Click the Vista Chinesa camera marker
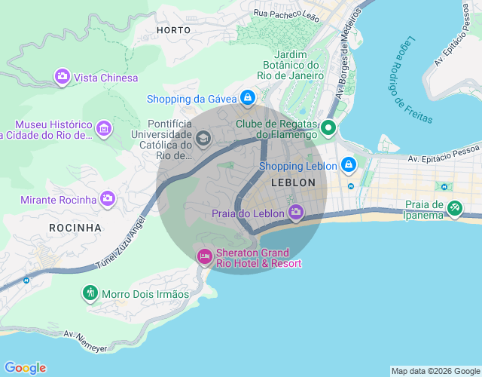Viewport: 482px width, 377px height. (x=62, y=76)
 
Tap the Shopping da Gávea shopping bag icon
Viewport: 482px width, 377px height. (x=247, y=98)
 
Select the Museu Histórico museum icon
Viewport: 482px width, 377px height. (x=104, y=129)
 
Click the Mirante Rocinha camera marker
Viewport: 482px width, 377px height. (x=108, y=198)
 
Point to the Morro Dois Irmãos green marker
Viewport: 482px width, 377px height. (x=90, y=293)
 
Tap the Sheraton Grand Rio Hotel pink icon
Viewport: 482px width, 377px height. (x=204, y=257)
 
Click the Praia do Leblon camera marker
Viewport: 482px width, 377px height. (x=296, y=213)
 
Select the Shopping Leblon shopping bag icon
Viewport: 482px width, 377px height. (x=348, y=164)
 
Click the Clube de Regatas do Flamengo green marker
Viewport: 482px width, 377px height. (x=328, y=128)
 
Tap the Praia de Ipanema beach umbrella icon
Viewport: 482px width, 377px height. (x=454, y=208)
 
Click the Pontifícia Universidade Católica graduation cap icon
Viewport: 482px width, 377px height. (x=203, y=138)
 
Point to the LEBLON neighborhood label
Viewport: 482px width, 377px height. (x=293, y=182)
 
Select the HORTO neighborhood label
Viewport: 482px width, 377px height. (x=174, y=30)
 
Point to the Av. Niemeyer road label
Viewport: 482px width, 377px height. (x=86, y=340)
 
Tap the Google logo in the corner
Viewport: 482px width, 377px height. (x=26, y=368)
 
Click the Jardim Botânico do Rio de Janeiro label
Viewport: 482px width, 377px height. (x=289, y=65)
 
